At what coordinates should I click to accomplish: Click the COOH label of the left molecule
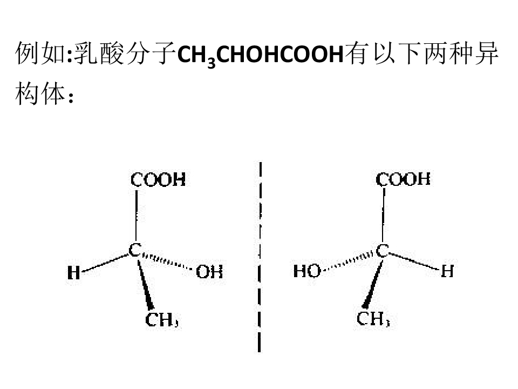point(158,180)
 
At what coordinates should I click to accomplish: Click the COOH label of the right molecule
point(403,179)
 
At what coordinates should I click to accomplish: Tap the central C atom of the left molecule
point(135,250)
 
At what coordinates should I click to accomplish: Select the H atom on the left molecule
point(74,272)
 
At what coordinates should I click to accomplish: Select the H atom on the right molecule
point(447,271)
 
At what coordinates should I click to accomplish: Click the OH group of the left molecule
point(209,272)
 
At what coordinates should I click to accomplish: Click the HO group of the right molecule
point(307,271)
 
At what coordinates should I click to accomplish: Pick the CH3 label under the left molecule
point(162,320)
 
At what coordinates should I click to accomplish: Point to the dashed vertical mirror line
point(260,257)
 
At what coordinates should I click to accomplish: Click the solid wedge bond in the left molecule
point(145,285)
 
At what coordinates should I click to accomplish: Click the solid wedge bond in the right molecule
point(372,284)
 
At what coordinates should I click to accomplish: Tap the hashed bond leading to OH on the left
point(167,261)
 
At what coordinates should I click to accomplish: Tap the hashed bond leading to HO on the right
point(348,263)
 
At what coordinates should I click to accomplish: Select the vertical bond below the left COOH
point(136,216)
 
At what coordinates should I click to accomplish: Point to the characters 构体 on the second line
point(40,93)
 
